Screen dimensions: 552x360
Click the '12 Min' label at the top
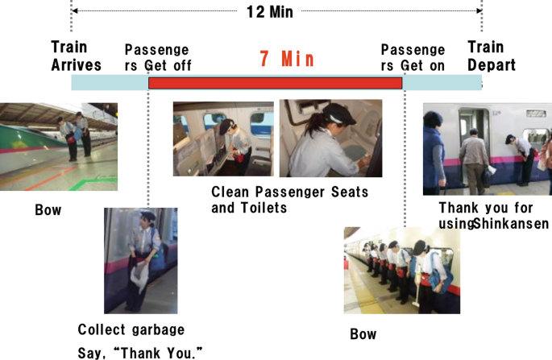(270, 11)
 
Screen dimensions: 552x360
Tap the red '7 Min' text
(287, 59)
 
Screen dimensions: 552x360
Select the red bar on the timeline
(276, 83)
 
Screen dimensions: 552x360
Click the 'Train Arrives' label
(76, 56)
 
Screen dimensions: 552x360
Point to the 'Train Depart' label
(492, 56)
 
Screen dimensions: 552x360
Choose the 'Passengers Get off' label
(158, 58)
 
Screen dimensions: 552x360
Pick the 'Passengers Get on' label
(413, 58)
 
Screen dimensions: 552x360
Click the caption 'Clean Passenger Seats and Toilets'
(290, 200)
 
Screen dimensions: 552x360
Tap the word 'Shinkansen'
(511, 223)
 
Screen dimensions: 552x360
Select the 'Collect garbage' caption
(131, 329)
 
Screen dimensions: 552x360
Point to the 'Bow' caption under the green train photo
(48, 210)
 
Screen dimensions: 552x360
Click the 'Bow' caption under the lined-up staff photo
(363, 334)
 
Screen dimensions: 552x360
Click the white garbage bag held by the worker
(139, 276)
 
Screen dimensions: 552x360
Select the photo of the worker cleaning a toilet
(330, 138)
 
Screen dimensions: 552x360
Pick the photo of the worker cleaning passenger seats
(223, 139)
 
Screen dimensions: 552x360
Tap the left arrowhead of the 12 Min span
(74, 11)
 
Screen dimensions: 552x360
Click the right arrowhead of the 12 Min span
(479, 11)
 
